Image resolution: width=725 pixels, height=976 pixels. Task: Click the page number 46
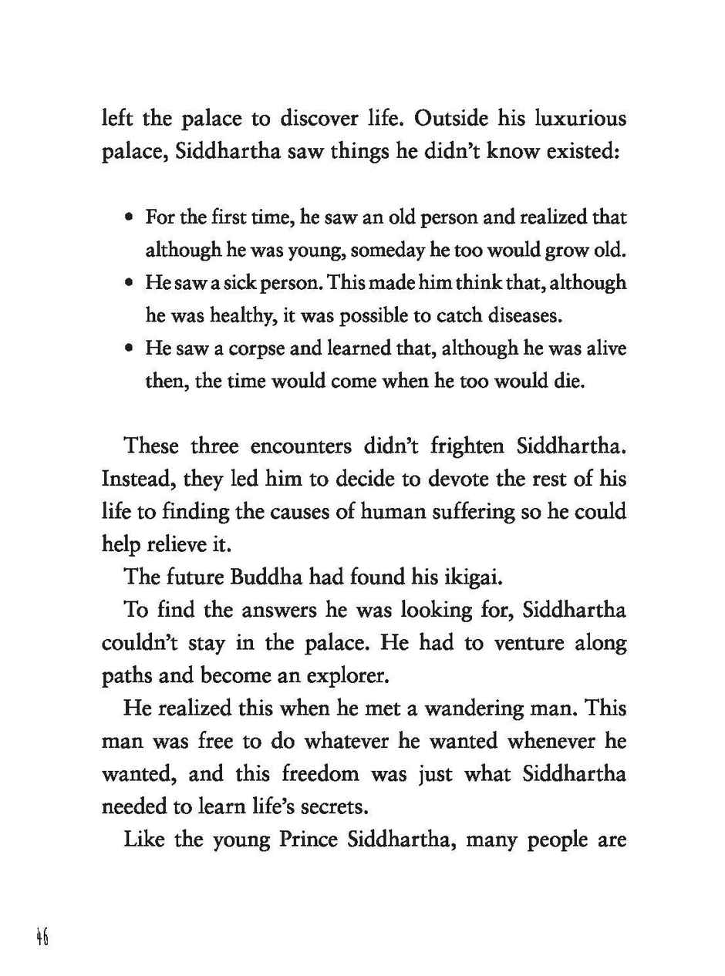[x=42, y=937]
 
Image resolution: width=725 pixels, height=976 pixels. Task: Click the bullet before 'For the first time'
[x=129, y=217]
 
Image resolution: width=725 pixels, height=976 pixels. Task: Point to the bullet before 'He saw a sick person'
[x=129, y=283]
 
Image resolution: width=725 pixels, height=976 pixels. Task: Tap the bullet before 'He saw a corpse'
[x=129, y=348]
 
